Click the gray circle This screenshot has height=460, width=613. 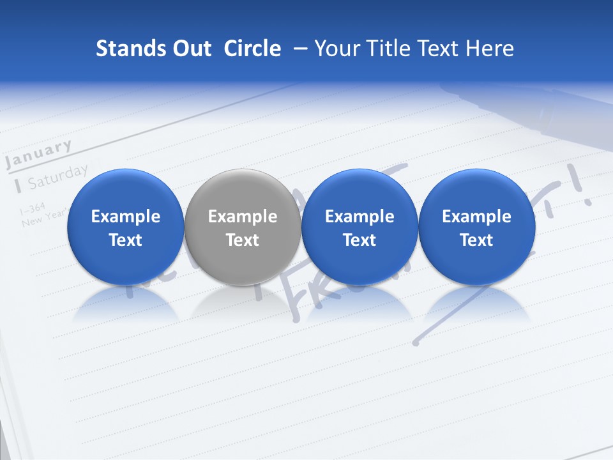(243, 227)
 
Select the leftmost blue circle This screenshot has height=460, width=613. (125, 227)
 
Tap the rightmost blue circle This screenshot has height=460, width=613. (476, 227)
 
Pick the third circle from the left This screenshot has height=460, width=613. (359, 227)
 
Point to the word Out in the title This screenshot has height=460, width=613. (188, 49)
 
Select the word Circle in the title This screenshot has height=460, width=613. (252, 49)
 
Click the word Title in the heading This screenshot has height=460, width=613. (385, 49)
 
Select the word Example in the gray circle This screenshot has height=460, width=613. (243, 217)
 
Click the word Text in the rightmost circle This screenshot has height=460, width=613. (476, 240)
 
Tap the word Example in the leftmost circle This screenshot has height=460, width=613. (125, 217)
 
